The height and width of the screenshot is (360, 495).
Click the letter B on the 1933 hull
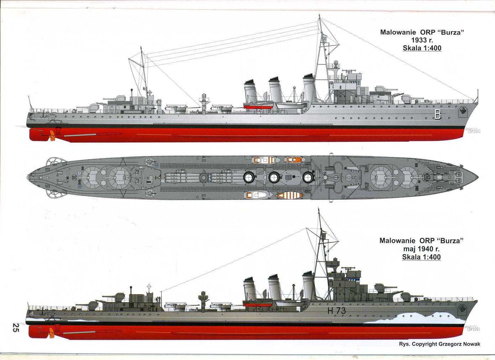point(437,114)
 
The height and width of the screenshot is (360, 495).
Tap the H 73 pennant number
point(336,311)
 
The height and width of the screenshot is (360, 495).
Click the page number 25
point(15,328)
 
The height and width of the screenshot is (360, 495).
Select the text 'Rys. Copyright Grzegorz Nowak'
point(439,344)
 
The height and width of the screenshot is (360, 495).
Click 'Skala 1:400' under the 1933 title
point(422,48)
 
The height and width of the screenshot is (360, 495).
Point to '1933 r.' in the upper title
point(422,40)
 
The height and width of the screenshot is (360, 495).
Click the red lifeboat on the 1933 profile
point(258,106)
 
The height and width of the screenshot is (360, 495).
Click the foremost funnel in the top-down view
point(308,177)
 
